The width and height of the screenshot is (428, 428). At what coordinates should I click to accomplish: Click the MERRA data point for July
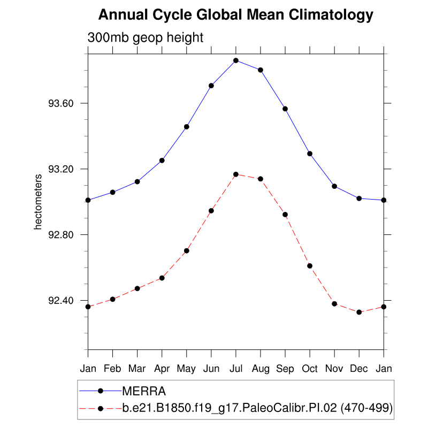coord(236,60)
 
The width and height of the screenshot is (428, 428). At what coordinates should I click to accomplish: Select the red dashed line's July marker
coord(236,174)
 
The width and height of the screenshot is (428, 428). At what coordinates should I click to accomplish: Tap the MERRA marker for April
coord(162,160)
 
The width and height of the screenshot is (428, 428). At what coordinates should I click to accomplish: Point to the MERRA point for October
coord(310,154)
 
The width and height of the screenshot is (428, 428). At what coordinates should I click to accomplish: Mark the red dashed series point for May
coord(187,250)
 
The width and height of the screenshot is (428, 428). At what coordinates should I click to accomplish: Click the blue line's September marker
coord(285,109)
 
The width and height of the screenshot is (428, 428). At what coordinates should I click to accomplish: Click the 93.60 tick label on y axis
coord(60,103)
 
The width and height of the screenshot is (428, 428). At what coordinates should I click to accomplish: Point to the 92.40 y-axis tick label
coord(60,301)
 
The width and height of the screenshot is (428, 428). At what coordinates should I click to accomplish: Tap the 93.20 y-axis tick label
coord(60,169)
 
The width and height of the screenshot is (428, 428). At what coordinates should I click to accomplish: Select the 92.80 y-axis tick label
coord(60,235)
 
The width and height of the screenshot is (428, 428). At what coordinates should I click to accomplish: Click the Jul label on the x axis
coord(236,369)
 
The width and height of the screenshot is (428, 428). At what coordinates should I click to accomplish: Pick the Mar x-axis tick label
coord(137,369)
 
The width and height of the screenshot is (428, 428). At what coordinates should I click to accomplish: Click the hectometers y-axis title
coord(38,202)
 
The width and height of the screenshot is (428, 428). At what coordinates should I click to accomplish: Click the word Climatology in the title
coord(331,15)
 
